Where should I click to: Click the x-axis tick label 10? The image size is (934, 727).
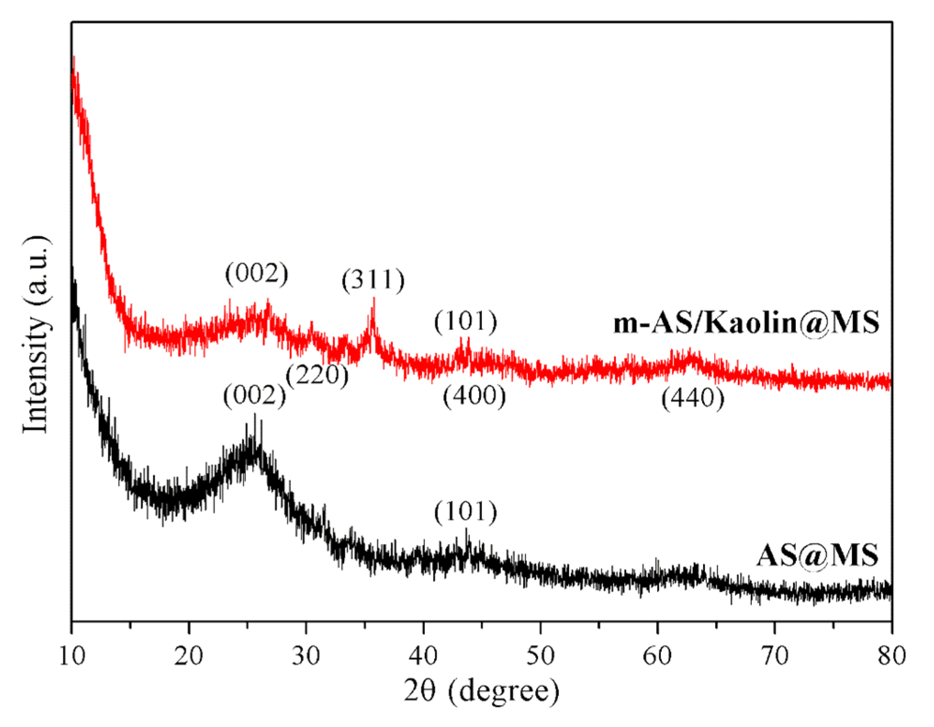72,657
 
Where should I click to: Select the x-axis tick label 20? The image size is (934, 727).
189,657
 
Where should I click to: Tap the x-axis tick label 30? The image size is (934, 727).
306,657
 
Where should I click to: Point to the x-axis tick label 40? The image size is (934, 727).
423,657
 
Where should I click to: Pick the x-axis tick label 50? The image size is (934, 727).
541,657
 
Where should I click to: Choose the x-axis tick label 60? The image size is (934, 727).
658,657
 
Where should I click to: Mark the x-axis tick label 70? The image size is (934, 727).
775,657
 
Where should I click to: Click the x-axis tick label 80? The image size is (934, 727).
891,657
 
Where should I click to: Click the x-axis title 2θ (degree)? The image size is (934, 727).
482,691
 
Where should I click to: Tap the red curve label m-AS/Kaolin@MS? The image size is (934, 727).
746,323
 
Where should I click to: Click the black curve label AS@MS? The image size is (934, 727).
817,556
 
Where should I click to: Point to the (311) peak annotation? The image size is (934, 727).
373,280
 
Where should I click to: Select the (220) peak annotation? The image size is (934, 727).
318,375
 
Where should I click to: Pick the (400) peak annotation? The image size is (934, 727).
474,396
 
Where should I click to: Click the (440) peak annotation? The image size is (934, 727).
693,398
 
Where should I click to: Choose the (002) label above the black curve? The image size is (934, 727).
254,396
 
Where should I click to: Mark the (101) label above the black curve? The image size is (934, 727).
466,512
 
